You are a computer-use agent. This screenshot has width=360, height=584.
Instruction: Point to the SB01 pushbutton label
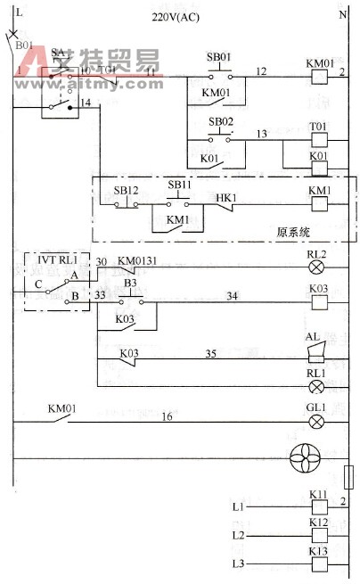click(219, 55)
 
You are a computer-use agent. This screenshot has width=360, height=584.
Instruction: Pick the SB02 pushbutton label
click(220, 120)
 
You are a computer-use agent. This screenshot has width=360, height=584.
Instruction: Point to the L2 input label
click(237, 536)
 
